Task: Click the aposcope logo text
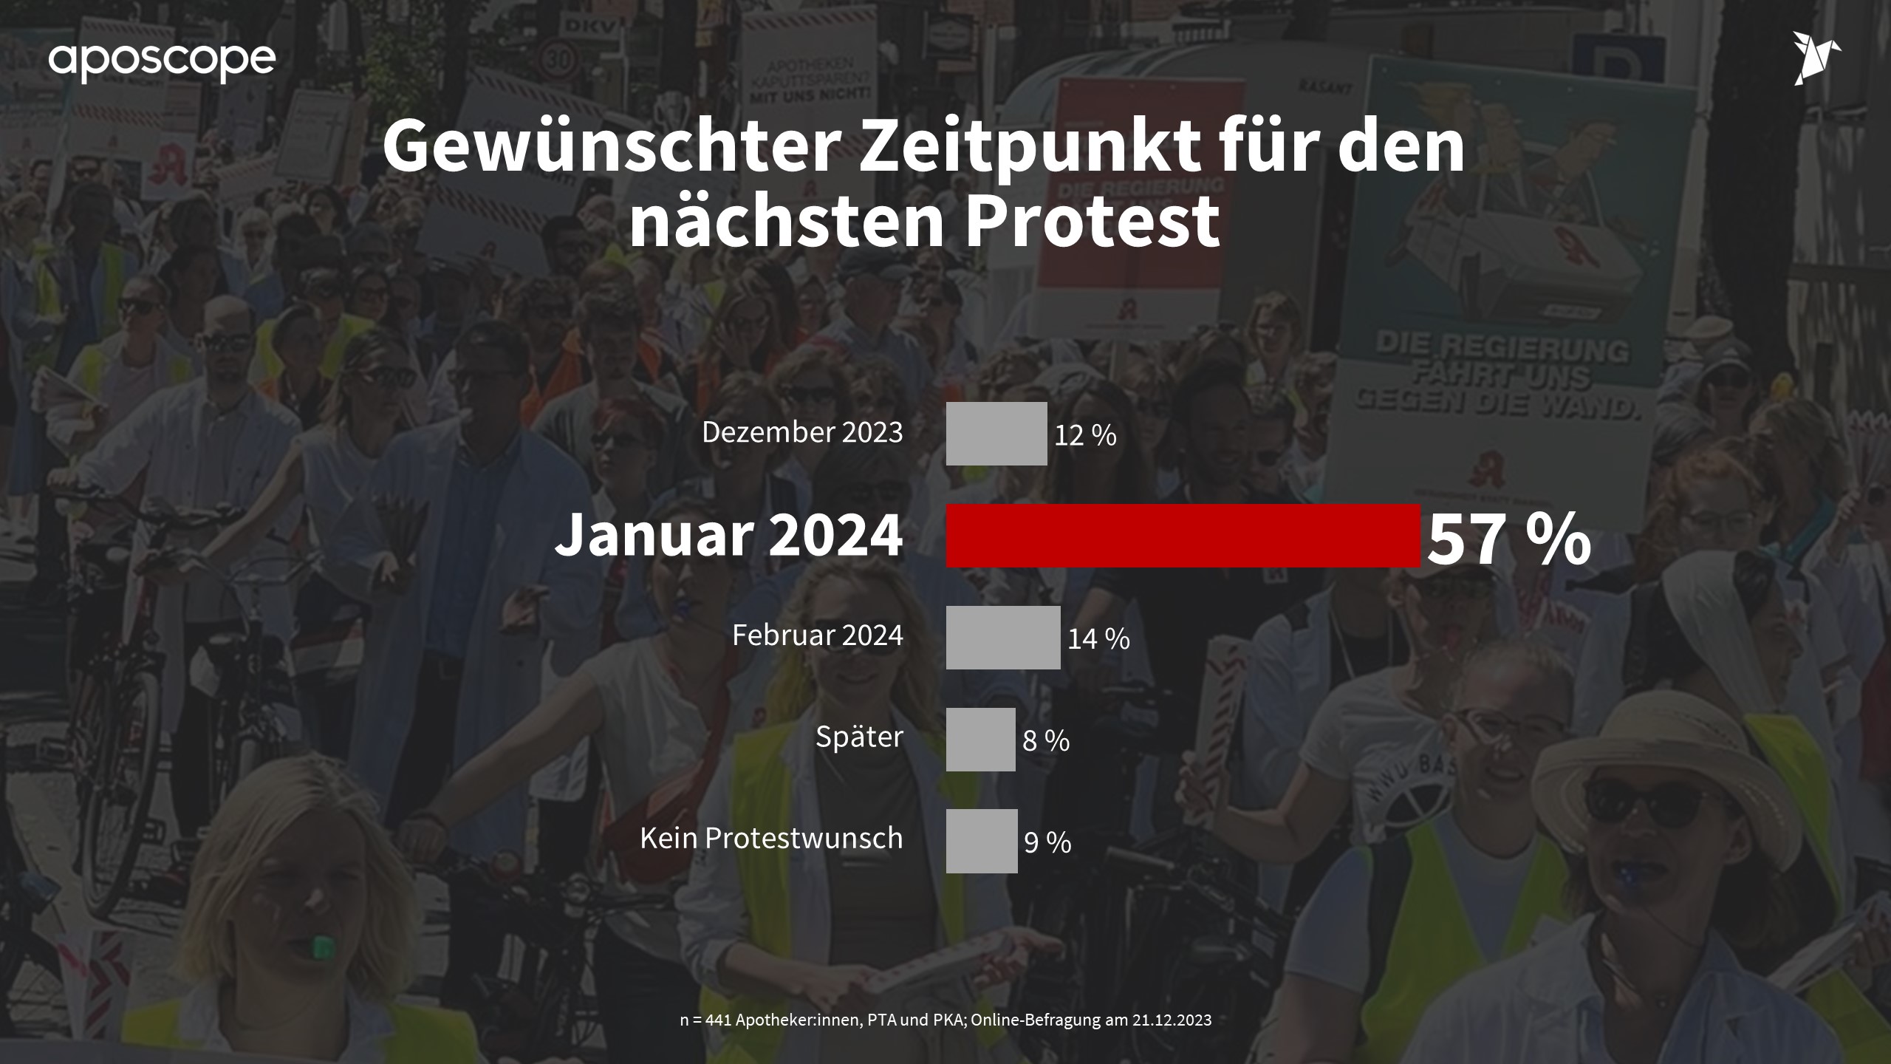(162, 61)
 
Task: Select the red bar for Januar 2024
(1183, 536)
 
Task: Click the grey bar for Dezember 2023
(996, 434)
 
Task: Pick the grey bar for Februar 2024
(1003, 638)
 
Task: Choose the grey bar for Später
(980, 740)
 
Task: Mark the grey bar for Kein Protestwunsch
(982, 841)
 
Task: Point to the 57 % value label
(1509, 539)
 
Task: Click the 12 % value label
(1085, 436)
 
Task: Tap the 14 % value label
(1098, 639)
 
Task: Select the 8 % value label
(1046, 741)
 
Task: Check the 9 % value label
(1047, 843)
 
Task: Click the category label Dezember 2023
(802, 432)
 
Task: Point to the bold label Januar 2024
(728, 536)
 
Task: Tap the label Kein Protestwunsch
(771, 838)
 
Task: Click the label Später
(859, 737)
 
